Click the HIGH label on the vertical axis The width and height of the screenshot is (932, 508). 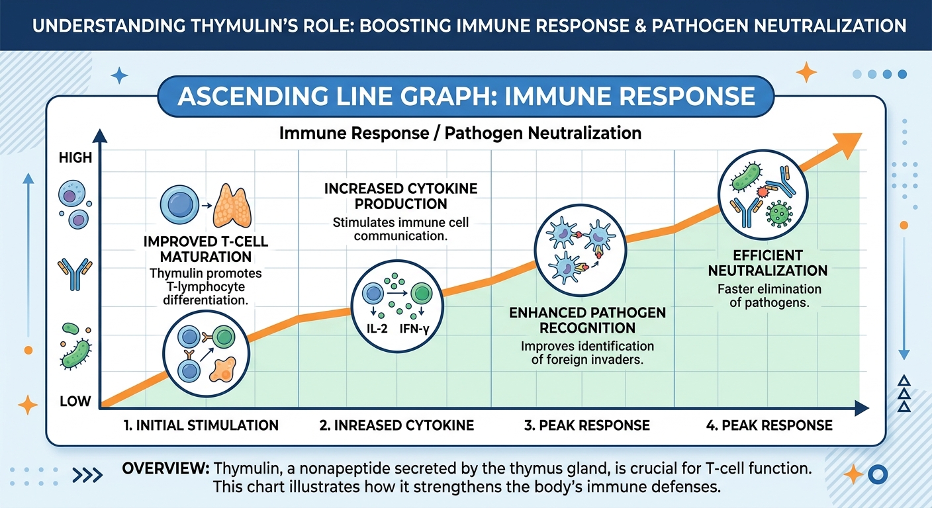pyautogui.click(x=75, y=159)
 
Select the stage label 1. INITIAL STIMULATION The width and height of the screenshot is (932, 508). pyautogui.click(x=201, y=425)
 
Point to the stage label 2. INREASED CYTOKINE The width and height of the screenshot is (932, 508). pyautogui.click(x=396, y=425)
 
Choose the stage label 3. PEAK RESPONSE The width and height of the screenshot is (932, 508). pyautogui.click(x=586, y=425)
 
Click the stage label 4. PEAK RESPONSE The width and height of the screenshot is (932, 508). pyautogui.click(x=769, y=425)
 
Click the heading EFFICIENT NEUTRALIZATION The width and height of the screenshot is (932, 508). pyautogui.click(x=768, y=263)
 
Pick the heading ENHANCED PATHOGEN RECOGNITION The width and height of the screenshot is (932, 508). pyautogui.click(x=587, y=320)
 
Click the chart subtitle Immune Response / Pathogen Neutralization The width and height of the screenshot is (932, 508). pyautogui.click(x=460, y=133)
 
